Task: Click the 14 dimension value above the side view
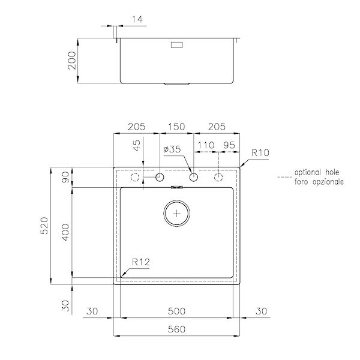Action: pyautogui.click(x=137, y=19)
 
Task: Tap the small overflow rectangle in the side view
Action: pyautogui.click(x=179, y=44)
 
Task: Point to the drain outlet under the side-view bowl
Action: pyautogui.click(x=177, y=85)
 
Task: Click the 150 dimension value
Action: pyautogui.click(x=176, y=127)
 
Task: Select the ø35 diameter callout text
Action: pyautogui.click(x=171, y=149)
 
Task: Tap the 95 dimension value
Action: pyautogui.click(x=229, y=146)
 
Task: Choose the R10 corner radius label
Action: pyautogui.click(x=260, y=154)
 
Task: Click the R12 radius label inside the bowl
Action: pyautogui.click(x=140, y=262)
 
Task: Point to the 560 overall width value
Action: pyautogui.click(x=176, y=328)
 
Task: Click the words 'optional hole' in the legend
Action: pyautogui.click(x=315, y=172)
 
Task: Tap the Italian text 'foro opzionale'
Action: pyautogui.click(x=319, y=181)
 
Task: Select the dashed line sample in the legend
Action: pyautogui.click(x=284, y=177)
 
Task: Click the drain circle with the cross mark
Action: pyautogui.click(x=176, y=213)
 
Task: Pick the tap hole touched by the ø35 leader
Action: pyautogui.click(x=194, y=178)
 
